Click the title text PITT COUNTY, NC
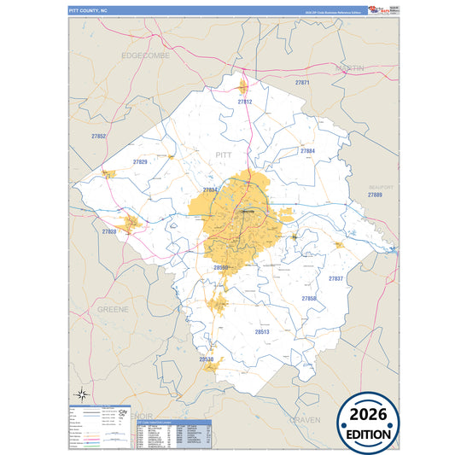point(89,9)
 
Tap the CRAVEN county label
point(304,420)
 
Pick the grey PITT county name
point(224,155)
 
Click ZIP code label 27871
point(302,83)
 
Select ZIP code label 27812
point(245,102)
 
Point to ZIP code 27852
point(99,137)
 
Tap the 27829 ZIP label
point(140,161)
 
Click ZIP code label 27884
point(308,151)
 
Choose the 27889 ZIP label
point(375,195)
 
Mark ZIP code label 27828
point(109,231)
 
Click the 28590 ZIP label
point(221,267)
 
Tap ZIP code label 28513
point(262,330)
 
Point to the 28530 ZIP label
point(206,359)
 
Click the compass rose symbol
point(82,394)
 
